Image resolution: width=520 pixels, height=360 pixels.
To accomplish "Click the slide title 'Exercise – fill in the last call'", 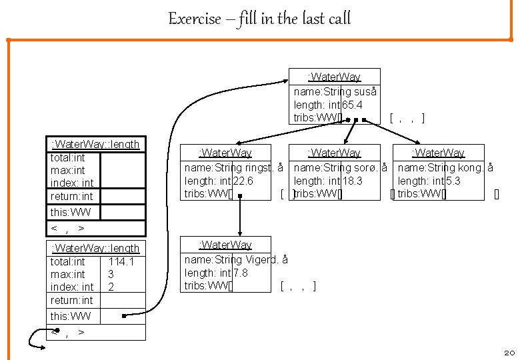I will click(x=259, y=19).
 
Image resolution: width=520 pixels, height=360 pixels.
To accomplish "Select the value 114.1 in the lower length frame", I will click(x=121, y=262).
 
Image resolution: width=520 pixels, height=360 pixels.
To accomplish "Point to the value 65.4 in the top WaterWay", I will click(x=352, y=105).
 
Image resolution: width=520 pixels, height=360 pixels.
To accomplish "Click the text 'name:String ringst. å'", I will click(x=233, y=167).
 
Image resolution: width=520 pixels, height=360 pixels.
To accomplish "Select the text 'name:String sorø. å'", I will click(x=341, y=167).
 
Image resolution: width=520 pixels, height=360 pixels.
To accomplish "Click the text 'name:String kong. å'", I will click(x=445, y=167).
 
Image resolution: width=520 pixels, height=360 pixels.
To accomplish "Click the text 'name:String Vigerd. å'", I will click(x=236, y=259).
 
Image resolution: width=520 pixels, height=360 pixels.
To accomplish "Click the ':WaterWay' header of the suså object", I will click(x=334, y=77).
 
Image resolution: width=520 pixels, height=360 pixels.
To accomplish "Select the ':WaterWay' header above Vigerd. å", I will click(x=225, y=245).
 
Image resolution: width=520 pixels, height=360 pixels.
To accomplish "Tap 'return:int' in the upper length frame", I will click(x=71, y=196).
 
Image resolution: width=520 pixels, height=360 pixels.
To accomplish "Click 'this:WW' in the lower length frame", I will click(x=71, y=315).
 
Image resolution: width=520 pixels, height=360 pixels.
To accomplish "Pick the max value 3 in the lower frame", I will click(x=111, y=274).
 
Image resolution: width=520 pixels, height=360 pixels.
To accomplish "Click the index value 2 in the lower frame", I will click(x=111, y=287).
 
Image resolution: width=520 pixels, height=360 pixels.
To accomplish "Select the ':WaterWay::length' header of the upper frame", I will click(x=95, y=144).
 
